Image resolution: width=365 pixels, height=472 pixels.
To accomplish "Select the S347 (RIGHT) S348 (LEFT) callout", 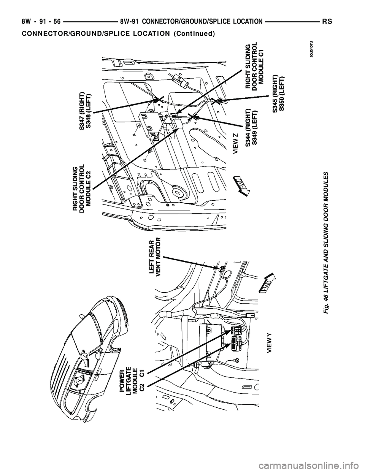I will [x=85, y=111].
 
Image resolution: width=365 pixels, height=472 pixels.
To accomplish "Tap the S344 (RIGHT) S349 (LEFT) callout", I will [x=252, y=123].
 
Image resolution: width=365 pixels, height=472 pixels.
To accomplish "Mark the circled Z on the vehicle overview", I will [x=85, y=357].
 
